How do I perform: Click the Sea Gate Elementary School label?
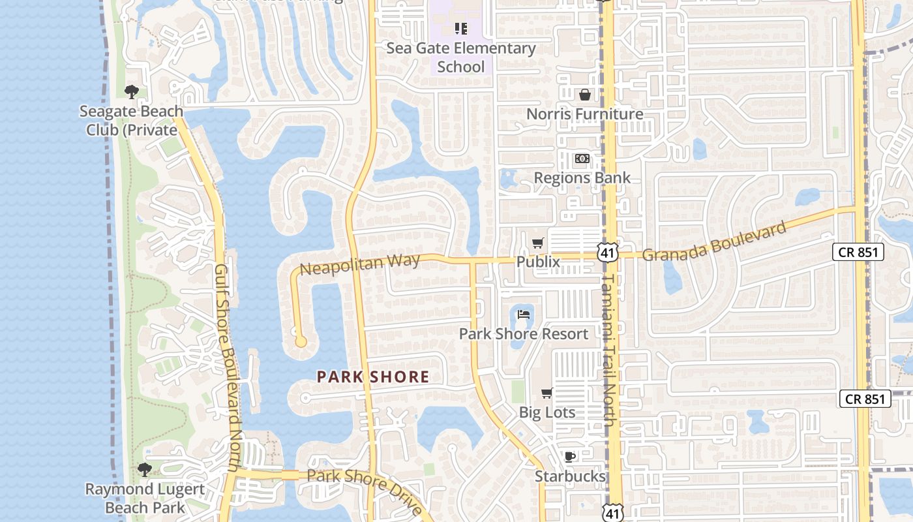(x=461, y=57)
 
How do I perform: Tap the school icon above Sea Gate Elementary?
(x=461, y=29)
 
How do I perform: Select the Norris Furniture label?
(x=584, y=114)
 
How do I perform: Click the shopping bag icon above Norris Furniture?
(x=585, y=95)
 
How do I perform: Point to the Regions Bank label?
(x=582, y=177)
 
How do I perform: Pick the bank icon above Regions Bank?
(x=582, y=159)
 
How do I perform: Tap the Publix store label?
(x=538, y=262)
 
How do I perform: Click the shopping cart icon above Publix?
(x=538, y=243)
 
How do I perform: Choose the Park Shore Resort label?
(x=524, y=334)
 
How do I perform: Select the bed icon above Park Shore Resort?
(x=524, y=315)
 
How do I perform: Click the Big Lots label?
(x=547, y=412)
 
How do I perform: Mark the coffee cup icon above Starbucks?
(x=570, y=457)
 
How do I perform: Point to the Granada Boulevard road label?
(x=714, y=241)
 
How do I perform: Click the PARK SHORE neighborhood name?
(x=373, y=376)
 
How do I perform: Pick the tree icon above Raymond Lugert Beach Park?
(x=145, y=470)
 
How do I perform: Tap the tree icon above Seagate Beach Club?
(x=132, y=91)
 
